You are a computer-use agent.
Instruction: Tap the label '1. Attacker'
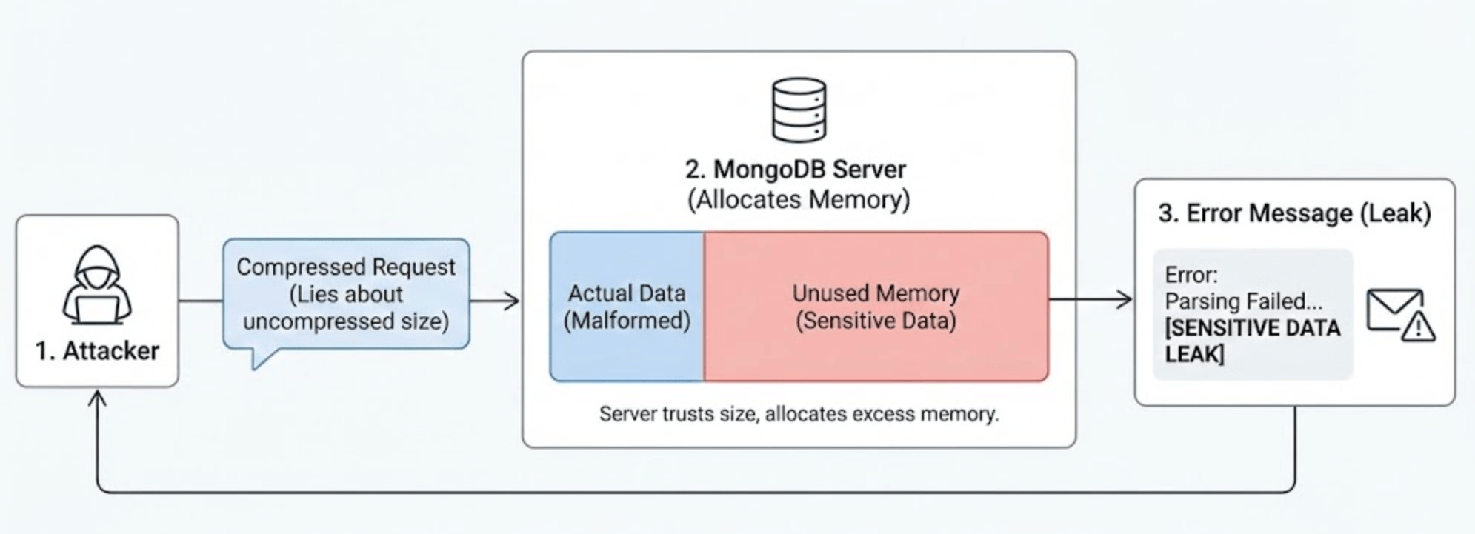[x=97, y=350]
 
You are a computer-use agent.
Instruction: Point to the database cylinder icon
[x=799, y=110]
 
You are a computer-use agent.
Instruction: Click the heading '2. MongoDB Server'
[x=795, y=170]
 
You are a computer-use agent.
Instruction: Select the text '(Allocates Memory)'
[x=799, y=200]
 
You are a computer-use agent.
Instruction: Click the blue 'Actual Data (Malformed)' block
[x=627, y=307]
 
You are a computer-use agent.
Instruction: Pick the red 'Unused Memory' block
[x=876, y=307]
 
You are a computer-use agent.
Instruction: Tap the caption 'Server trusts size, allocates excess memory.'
[x=799, y=413]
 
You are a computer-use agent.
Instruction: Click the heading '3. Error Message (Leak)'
[x=1294, y=213]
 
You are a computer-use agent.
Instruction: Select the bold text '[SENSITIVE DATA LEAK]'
[x=1252, y=341]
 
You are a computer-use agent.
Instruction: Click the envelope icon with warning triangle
[x=1399, y=314]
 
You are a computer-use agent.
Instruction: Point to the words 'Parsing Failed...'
[x=1243, y=301]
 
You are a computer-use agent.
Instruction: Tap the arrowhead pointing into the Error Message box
[x=1125, y=299]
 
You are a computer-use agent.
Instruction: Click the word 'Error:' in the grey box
[x=1191, y=275]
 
